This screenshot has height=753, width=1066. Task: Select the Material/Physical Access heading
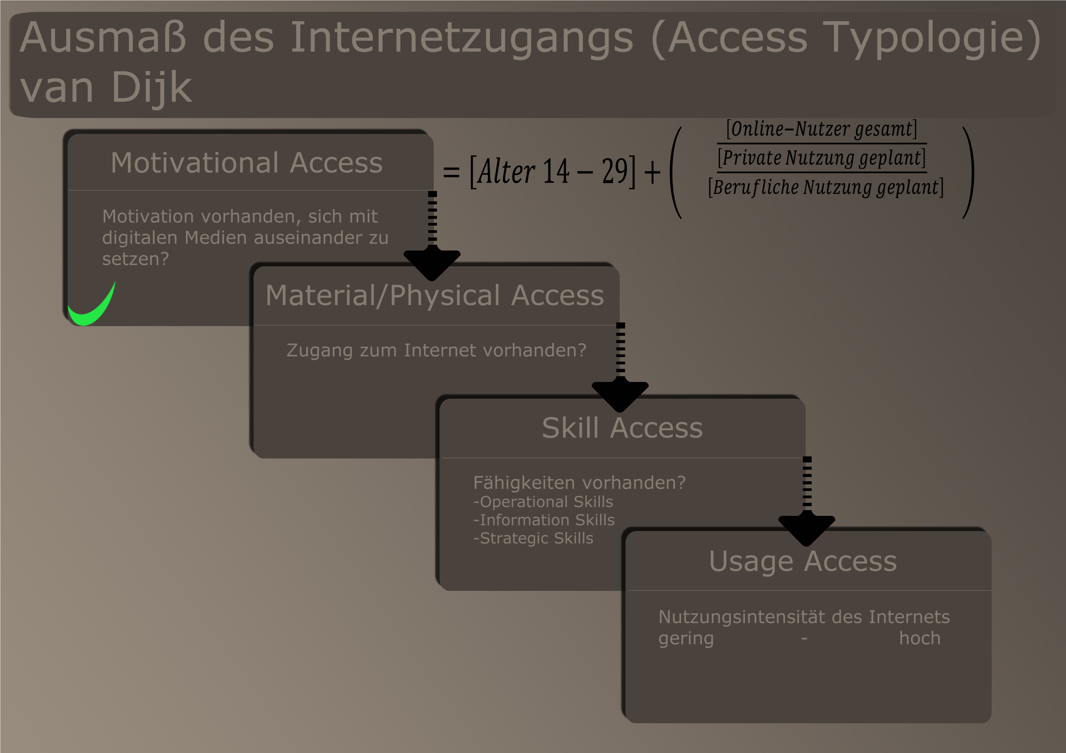point(435,295)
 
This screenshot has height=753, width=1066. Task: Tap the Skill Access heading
point(622,428)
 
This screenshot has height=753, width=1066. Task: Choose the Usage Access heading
point(803,562)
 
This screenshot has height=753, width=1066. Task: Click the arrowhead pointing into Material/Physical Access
point(432,264)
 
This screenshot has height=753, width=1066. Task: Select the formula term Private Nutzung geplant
point(822,158)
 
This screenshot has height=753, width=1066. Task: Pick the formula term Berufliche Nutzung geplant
point(826,187)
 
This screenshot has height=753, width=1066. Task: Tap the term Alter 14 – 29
point(552,172)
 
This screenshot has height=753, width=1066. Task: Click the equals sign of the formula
point(451,172)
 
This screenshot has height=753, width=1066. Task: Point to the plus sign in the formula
point(652,172)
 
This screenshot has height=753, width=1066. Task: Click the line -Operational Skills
point(543,502)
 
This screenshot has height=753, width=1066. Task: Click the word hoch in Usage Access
point(920,639)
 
